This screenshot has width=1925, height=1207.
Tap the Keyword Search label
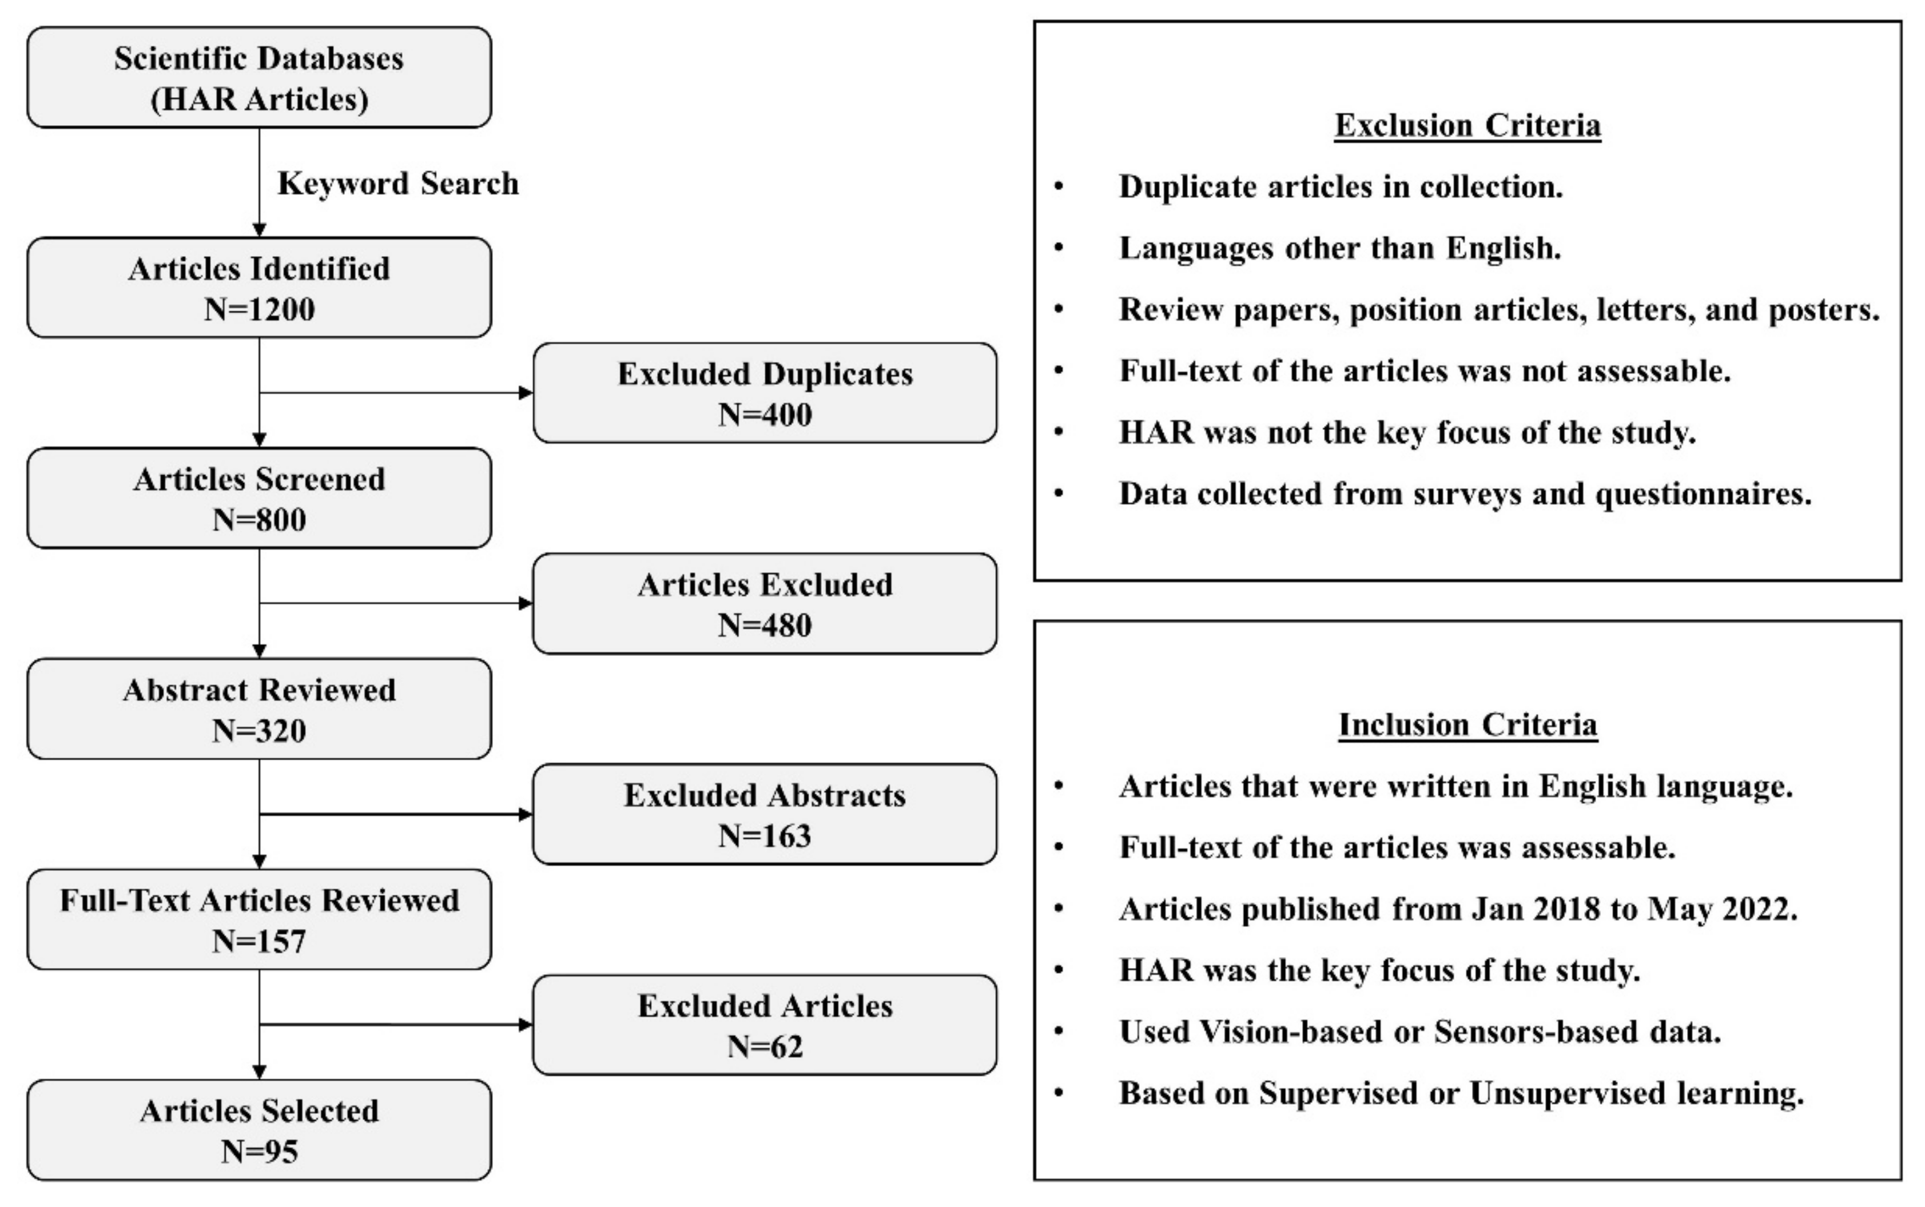(x=397, y=184)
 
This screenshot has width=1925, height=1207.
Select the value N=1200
(x=258, y=309)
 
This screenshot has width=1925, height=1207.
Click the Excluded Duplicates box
(x=764, y=393)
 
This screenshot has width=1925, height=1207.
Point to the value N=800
(x=258, y=520)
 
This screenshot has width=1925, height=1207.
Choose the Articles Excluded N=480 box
(x=764, y=604)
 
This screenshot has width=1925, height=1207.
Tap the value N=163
(x=764, y=836)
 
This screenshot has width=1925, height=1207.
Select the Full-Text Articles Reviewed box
(x=258, y=919)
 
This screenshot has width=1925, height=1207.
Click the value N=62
(x=764, y=1046)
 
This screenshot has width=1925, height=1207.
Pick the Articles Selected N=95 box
(x=258, y=1130)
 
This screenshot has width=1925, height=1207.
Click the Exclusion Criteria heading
(x=1467, y=125)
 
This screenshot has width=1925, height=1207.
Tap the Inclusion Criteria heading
(x=1467, y=725)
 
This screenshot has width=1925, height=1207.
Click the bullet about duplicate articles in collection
(x=1340, y=187)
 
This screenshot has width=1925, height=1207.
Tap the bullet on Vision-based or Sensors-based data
(x=1419, y=1032)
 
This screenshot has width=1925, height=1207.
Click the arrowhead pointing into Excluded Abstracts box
(x=526, y=814)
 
